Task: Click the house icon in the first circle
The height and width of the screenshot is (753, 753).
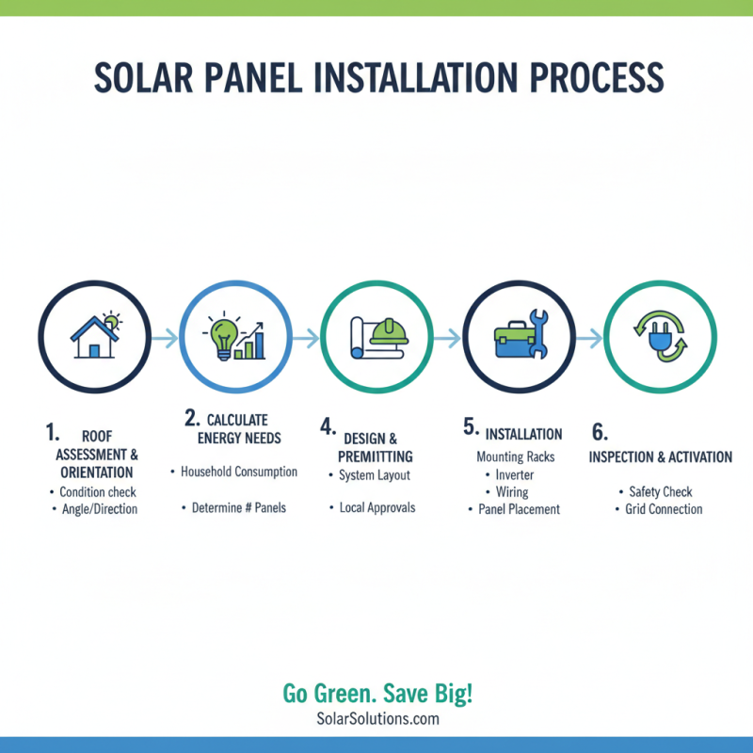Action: pyautogui.click(x=91, y=338)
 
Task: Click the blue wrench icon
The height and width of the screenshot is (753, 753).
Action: pyautogui.click(x=539, y=332)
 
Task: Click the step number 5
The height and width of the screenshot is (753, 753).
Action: pyautogui.click(x=471, y=427)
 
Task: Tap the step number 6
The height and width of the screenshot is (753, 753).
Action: pyautogui.click(x=599, y=432)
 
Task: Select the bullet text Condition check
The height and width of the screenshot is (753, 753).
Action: pyautogui.click(x=97, y=491)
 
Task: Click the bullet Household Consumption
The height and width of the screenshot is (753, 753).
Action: pyautogui.click(x=239, y=472)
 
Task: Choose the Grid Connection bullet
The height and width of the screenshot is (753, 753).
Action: pyautogui.click(x=664, y=509)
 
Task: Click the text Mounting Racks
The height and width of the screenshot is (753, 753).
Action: pyautogui.click(x=515, y=457)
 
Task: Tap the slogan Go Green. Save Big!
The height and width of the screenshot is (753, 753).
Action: pyautogui.click(x=377, y=695)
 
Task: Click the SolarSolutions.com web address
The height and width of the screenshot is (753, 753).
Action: pyautogui.click(x=377, y=719)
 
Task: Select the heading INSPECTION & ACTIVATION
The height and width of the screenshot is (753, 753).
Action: pyautogui.click(x=660, y=457)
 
